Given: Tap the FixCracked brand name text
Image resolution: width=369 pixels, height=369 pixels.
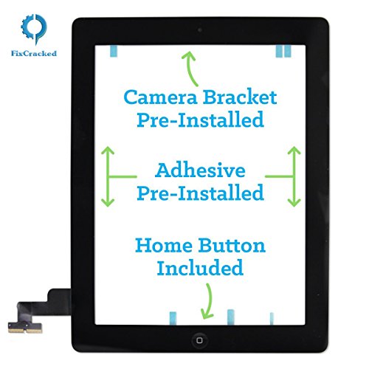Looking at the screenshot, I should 34,53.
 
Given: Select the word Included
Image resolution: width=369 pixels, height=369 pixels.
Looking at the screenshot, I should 199,267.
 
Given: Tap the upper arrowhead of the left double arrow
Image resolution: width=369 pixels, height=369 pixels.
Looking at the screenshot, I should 108,152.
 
